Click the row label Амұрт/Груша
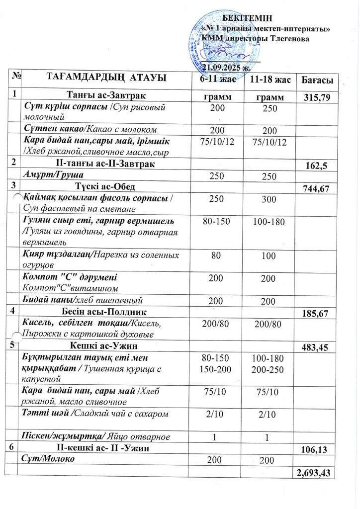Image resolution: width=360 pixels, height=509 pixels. (x=53, y=175)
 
